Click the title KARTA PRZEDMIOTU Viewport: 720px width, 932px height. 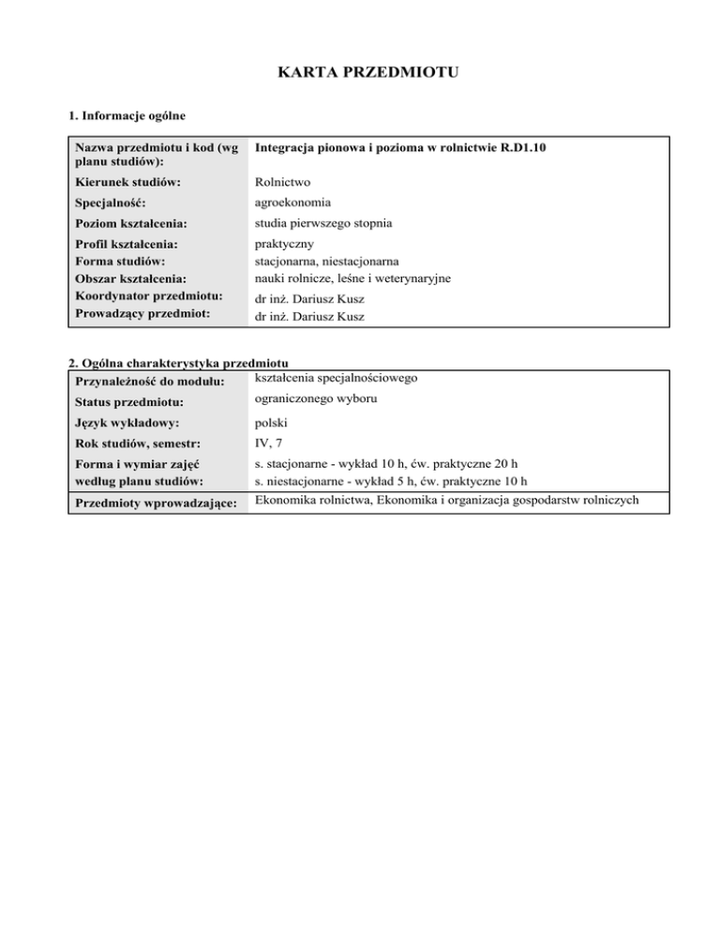[x=360, y=71]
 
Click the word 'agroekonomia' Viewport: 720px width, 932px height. [x=292, y=201]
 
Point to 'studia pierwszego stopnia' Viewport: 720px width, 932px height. [x=322, y=223]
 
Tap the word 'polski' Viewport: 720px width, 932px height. [x=272, y=424]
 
